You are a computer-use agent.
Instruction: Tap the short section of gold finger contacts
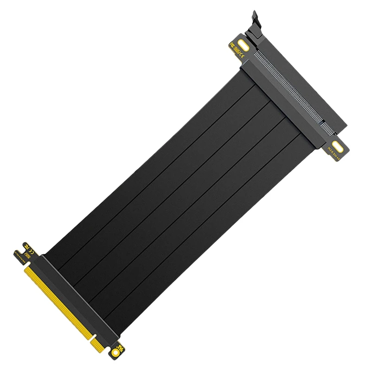pyautogui.click(x=99, y=341)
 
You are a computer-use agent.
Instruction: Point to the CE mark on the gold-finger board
pyautogui.click(x=28, y=245)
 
